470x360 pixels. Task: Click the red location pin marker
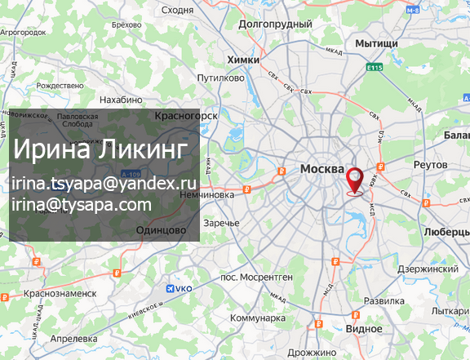tap(356, 180)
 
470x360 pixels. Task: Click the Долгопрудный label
tap(275, 24)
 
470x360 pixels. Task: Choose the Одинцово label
tap(162, 231)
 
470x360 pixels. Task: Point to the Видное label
tap(364, 328)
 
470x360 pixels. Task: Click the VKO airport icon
tap(171, 288)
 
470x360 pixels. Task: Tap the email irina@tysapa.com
tap(82, 203)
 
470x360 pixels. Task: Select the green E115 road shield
tap(375, 67)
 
